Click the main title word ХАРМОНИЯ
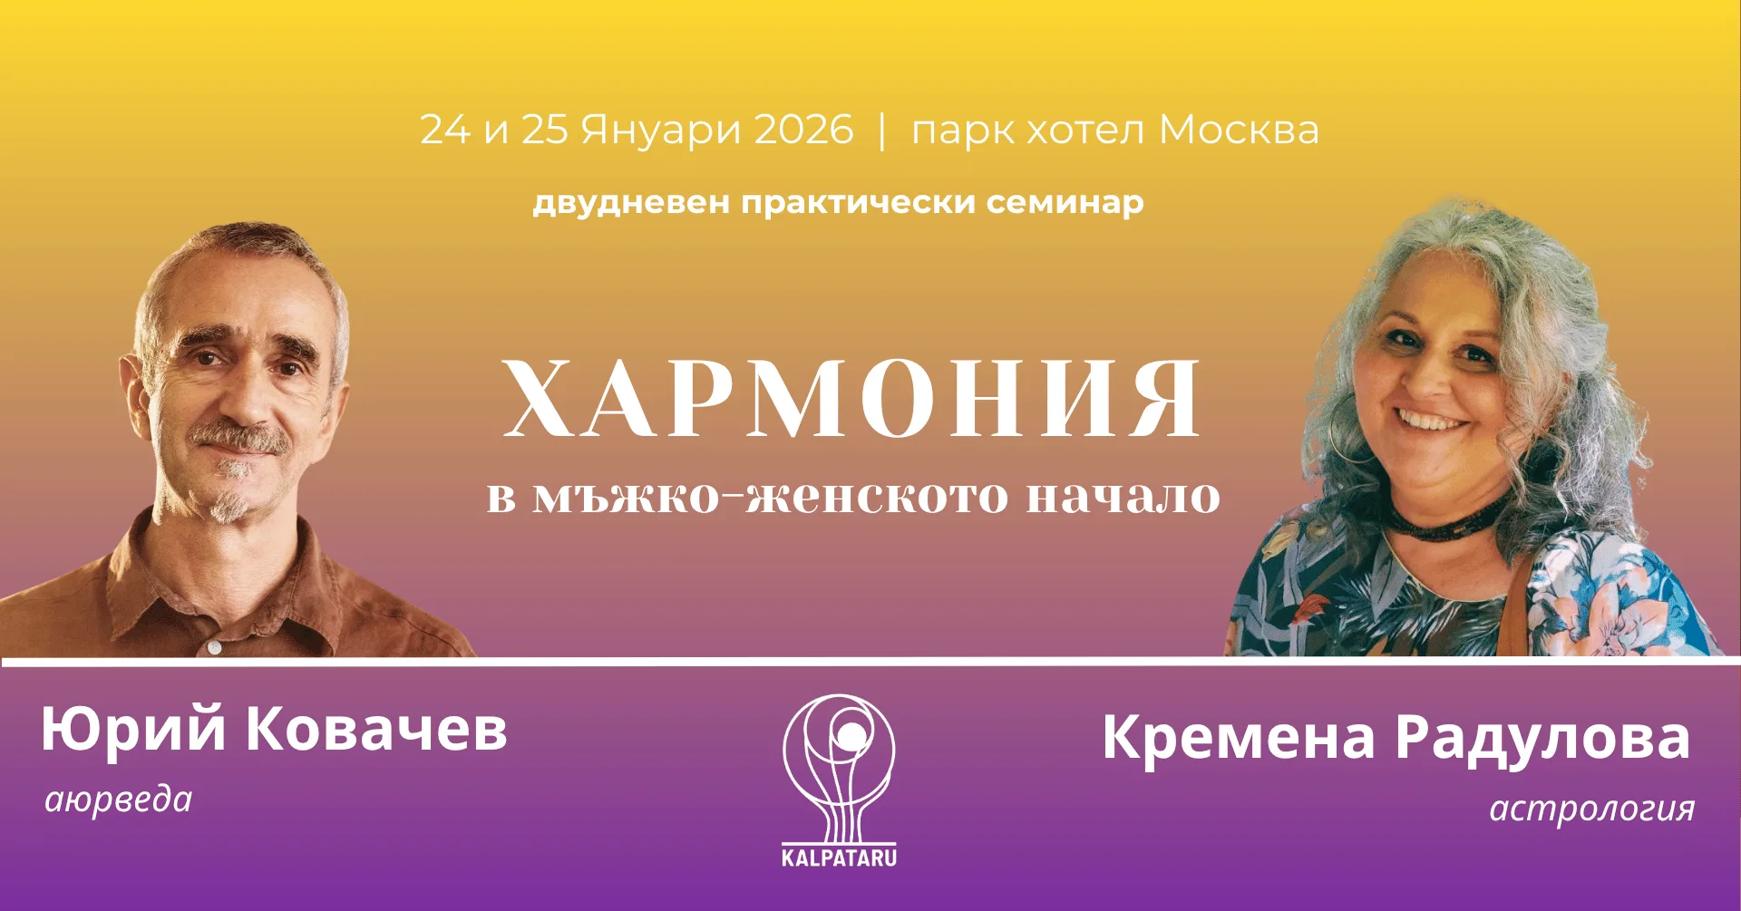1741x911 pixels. [852, 399]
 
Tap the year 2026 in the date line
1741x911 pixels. [803, 130]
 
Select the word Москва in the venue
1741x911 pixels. [1239, 130]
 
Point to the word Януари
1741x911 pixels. [661, 131]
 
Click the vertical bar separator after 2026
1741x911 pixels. [882, 131]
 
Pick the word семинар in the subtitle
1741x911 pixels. [1065, 202]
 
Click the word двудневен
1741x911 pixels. [631, 202]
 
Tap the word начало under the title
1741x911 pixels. [1123, 497]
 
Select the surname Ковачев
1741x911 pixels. [376, 730]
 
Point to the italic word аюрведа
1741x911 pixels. [119, 800]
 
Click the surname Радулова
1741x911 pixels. [1542, 739]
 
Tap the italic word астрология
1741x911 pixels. [1592, 808]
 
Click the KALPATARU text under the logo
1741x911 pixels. [839, 858]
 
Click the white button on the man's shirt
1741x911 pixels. [213, 647]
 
